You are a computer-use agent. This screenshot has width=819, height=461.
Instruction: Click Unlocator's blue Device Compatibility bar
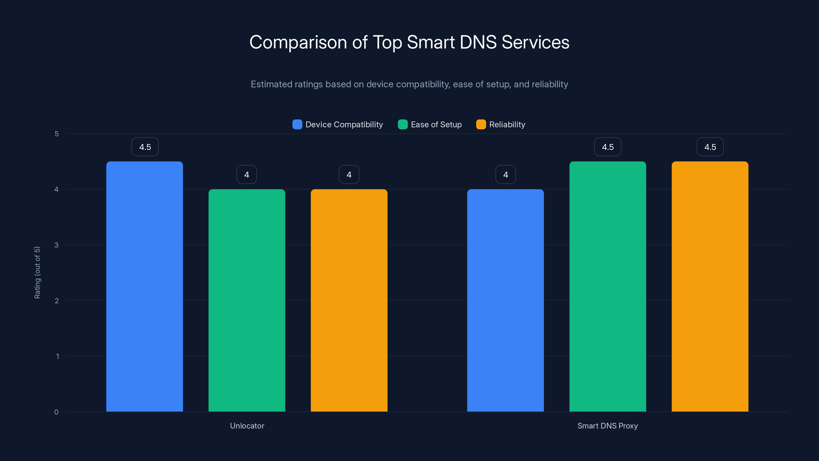[x=144, y=286]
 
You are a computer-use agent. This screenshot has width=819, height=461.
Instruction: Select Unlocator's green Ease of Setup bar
[x=247, y=300]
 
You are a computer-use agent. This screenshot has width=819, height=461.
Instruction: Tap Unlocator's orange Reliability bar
[x=349, y=300]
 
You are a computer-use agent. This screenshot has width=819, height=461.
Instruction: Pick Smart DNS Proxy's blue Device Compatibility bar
[x=505, y=300]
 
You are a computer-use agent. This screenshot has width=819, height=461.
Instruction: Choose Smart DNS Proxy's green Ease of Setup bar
[x=608, y=286]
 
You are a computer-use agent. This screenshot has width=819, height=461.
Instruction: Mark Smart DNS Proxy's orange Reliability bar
[x=710, y=286]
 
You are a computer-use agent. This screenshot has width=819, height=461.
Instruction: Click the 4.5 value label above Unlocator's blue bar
[x=145, y=147]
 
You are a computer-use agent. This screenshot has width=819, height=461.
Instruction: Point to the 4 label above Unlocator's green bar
[x=247, y=175]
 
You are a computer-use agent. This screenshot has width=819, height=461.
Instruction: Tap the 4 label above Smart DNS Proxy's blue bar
[x=505, y=175]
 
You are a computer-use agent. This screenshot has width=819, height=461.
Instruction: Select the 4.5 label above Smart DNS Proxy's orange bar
[x=710, y=147]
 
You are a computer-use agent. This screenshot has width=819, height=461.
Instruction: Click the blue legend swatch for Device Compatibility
[x=297, y=124]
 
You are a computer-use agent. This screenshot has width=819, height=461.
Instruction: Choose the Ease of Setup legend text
[x=436, y=124]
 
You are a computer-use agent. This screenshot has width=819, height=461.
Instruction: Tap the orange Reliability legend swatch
[x=481, y=124]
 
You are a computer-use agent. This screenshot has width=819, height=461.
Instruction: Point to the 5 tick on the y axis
[x=57, y=134]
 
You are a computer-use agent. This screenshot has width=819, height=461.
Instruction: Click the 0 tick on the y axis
[x=56, y=412]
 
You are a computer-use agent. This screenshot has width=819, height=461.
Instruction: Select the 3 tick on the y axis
[x=56, y=245]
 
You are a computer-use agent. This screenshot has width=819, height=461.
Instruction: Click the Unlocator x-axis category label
[x=247, y=426]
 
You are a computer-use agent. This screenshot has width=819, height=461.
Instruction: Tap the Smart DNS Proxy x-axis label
[x=607, y=426]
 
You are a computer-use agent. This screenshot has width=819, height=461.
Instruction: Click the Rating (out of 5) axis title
[x=37, y=273]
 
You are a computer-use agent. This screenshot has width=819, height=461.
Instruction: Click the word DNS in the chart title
[x=478, y=42]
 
